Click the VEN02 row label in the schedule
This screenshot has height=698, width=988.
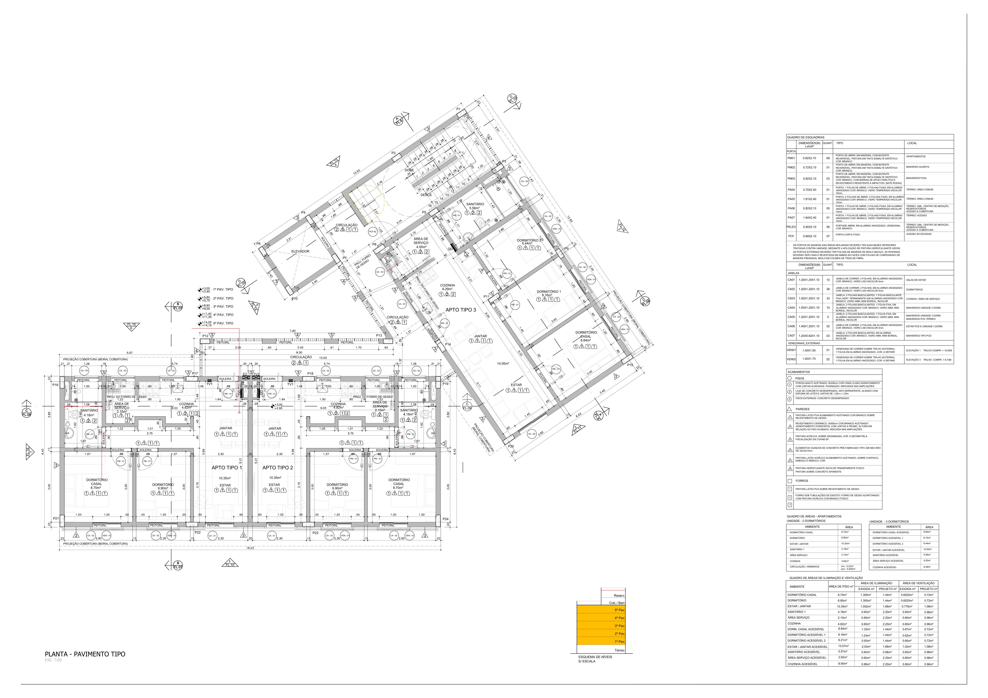[791, 359]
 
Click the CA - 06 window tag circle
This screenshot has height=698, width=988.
[532, 434]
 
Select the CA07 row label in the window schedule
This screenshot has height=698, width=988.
[791, 336]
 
